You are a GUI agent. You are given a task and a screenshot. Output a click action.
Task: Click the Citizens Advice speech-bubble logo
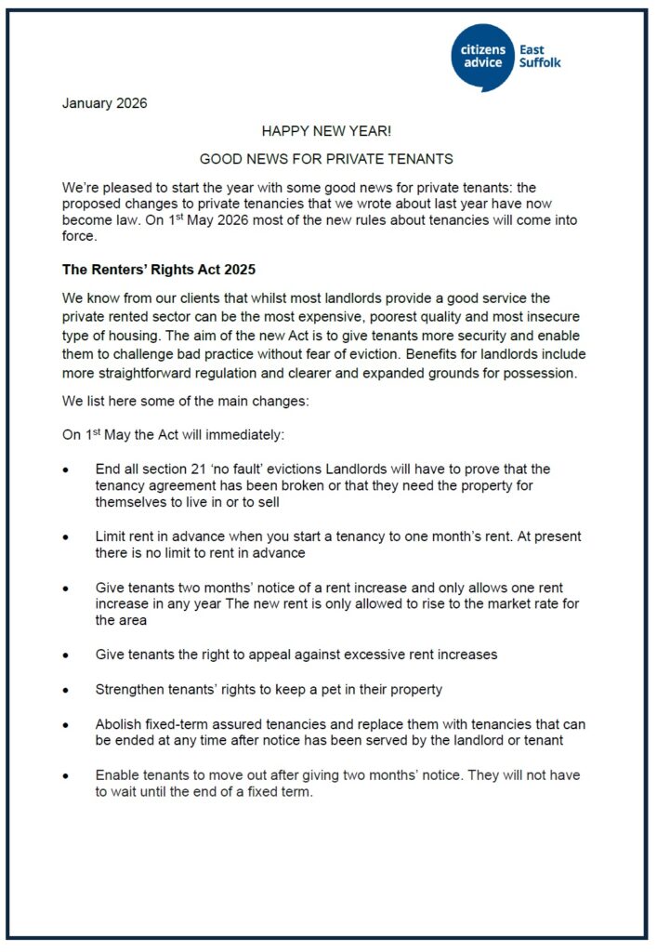483,57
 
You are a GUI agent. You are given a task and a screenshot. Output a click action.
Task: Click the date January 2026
104,103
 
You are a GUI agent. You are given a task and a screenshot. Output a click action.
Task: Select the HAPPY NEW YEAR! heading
326,132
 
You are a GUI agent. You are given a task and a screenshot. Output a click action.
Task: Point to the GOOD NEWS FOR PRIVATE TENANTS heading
326,160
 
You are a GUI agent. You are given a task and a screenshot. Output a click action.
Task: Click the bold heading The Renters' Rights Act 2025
158,271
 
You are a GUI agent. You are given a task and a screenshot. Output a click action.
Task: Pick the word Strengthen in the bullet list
130,690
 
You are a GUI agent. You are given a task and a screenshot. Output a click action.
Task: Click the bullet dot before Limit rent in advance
65,538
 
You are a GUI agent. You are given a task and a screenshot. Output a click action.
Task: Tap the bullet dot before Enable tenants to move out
65,775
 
